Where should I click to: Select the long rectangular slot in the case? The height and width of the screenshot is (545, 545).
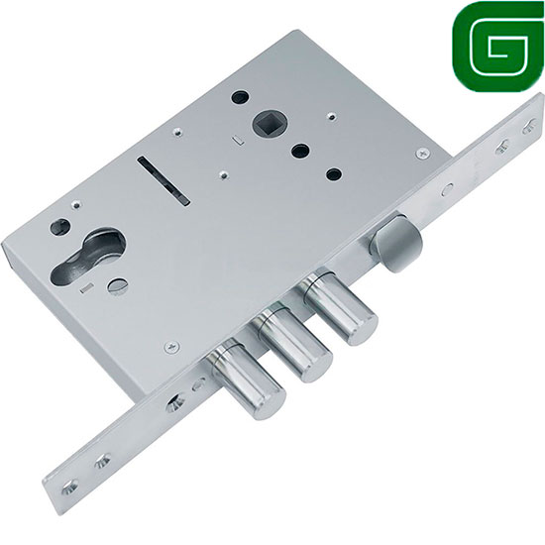coord(163,180)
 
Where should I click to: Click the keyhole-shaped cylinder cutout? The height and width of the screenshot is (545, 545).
coord(89,255)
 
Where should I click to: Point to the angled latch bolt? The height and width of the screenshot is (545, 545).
coord(395,242)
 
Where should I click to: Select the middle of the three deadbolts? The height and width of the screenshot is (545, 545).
coord(292,343)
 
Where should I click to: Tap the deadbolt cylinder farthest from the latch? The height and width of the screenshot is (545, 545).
coord(246,380)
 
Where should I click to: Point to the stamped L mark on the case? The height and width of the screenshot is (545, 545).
coord(239,141)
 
